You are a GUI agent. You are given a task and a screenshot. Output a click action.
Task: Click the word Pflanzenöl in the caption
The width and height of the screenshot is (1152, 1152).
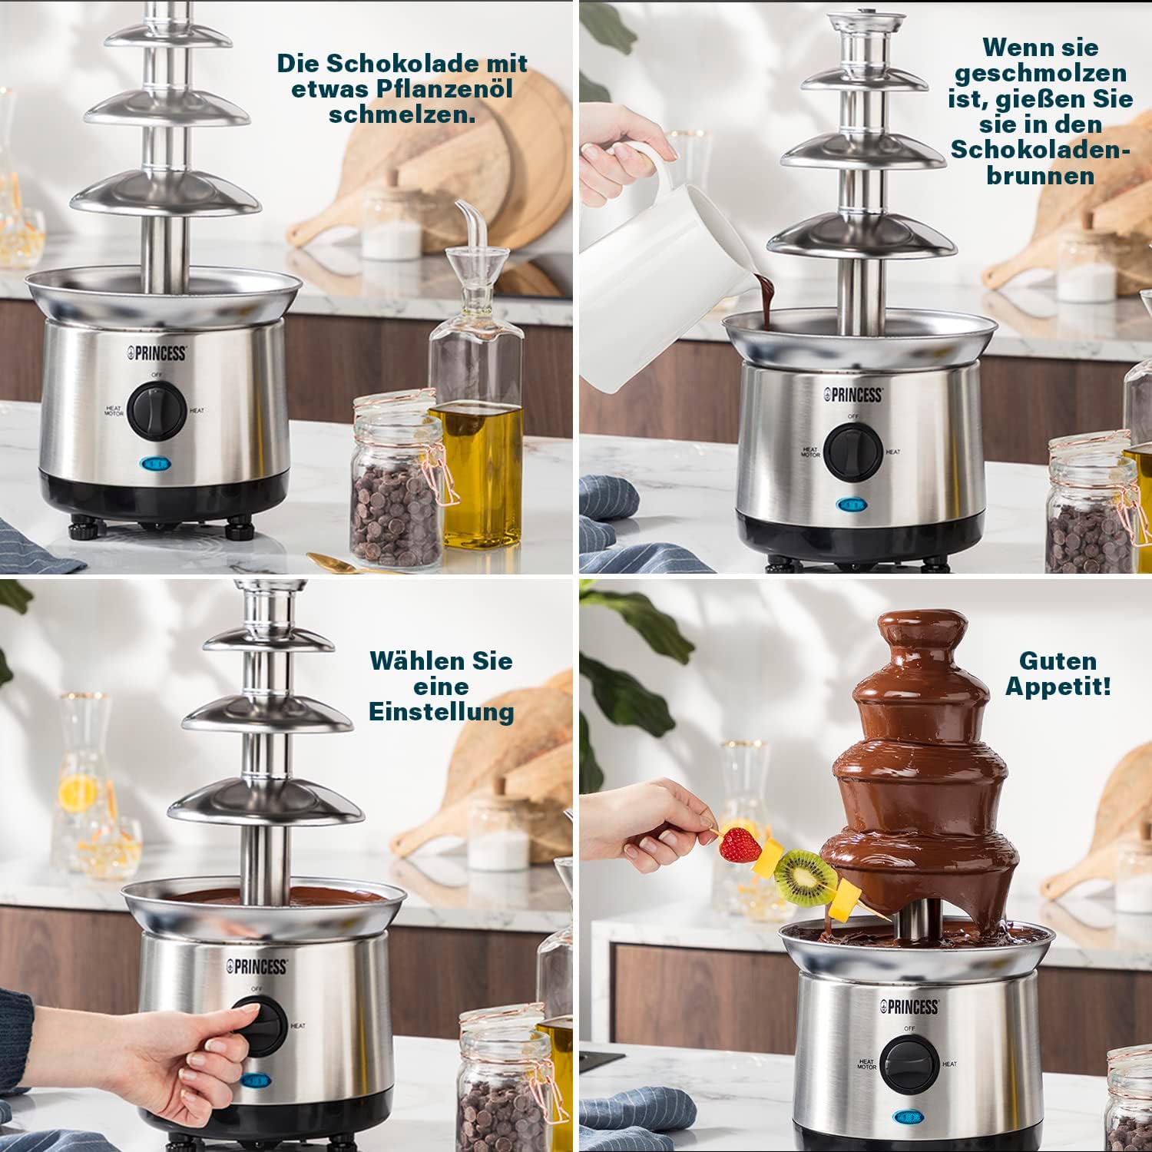click(x=445, y=88)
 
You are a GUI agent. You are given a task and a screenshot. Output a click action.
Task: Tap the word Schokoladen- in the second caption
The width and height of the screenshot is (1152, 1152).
click(x=1041, y=149)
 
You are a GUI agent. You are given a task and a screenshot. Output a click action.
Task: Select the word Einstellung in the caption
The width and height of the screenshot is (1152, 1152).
click(x=442, y=711)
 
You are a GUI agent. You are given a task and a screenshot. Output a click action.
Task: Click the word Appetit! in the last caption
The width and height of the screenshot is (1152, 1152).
click(x=1058, y=686)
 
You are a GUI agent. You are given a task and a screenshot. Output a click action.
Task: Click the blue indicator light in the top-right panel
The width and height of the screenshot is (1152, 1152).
click(x=849, y=505)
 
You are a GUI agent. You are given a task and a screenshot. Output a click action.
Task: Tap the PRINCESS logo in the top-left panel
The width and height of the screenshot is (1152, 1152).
click(x=157, y=353)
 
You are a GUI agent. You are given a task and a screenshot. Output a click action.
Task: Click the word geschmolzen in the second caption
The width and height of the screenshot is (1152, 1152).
click(x=1041, y=73)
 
